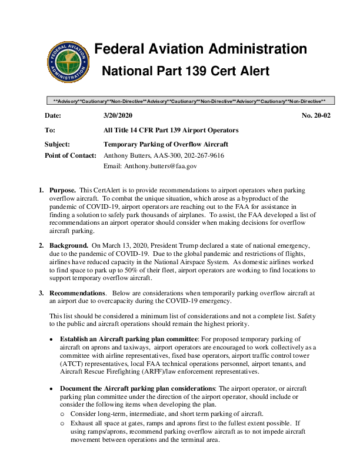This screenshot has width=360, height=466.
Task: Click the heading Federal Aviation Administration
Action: click(x=201, y=49)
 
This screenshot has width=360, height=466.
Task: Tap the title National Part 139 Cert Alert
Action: click(x=186, y=71)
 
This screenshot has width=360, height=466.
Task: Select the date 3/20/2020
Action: click(x=118, y=116)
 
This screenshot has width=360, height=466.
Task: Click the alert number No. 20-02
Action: click(x=316, y=116)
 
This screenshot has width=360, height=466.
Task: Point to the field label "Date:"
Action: click(x=53, y=116)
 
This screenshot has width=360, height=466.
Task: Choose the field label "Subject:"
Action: click(x=58, y=144)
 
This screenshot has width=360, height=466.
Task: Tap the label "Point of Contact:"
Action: click(x=71, y=155)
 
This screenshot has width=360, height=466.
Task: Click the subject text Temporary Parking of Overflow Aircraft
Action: click(x=166, y=144)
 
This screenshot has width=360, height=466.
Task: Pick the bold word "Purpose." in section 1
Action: click(x=62, y=191)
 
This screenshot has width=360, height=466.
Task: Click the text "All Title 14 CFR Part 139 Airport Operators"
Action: click(x=171, y=130)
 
